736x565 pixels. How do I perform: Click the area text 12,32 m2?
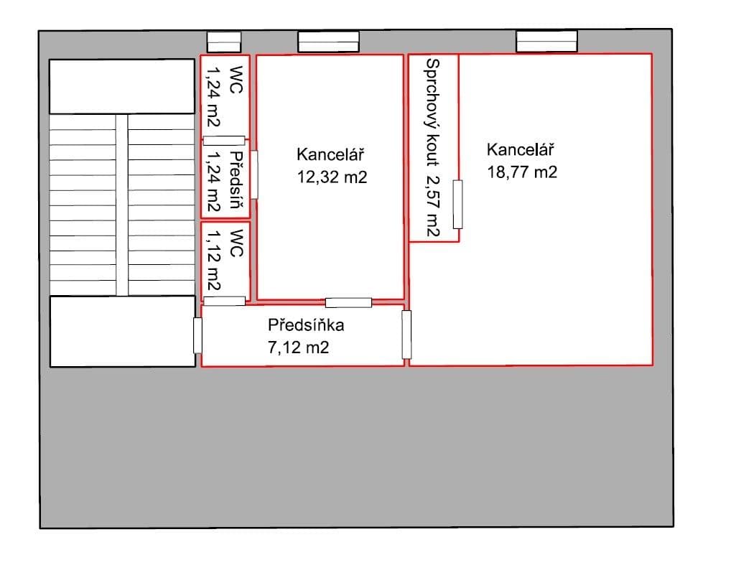tap(332, 177)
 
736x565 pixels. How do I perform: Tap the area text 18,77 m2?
tap(522, 172)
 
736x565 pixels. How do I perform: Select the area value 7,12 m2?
tap(297, 348)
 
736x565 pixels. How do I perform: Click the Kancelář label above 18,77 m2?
tap(522, 150)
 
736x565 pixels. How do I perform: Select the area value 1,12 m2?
tap(213, 262)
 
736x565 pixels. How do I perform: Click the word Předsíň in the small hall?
tap(236, 179)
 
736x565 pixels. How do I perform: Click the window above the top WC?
tap(223, 42)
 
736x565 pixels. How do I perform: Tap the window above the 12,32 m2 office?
tap(328, 42)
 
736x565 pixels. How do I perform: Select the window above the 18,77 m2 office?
tap(546, 42)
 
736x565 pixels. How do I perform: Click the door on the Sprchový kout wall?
tap(457, 205)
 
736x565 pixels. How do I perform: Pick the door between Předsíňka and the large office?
tap(406, 335)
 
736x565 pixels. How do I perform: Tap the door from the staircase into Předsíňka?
tap(197, 335)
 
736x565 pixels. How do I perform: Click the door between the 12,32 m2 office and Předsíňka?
tap(348, 302)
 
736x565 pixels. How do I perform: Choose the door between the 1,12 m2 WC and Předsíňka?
tap(224, 301)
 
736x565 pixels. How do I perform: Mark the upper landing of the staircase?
tap(122, 86)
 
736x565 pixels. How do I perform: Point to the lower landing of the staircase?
tap(122, 331)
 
